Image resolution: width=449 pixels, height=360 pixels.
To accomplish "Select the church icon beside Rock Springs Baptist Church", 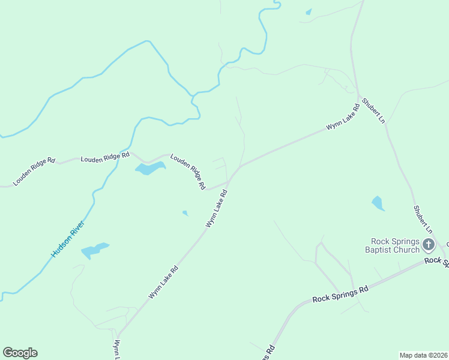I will click(429, 244).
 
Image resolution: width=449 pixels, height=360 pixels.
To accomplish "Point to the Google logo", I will click(20, 353).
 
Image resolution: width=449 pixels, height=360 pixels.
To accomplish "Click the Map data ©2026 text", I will click(423, 355).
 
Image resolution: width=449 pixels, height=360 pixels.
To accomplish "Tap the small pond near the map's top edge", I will click(309, 11).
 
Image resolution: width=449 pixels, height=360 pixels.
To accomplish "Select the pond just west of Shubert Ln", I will click(378, 203).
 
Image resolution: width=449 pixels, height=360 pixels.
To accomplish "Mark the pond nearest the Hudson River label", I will click(95, 250).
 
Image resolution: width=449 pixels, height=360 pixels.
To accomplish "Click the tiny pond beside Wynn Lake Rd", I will click(185, 212).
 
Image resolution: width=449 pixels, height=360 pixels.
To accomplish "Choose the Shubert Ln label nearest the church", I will click(422, 219).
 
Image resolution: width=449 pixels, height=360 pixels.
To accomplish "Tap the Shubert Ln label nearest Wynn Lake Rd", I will click(373, 110).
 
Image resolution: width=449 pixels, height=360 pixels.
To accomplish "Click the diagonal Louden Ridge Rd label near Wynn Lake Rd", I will click(188, 172).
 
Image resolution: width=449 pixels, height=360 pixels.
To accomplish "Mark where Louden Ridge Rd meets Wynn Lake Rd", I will click(229, 181).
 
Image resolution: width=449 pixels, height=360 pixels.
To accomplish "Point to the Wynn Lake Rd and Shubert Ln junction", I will click(359, 96).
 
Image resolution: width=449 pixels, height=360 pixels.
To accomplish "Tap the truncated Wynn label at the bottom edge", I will click(118, 350).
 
